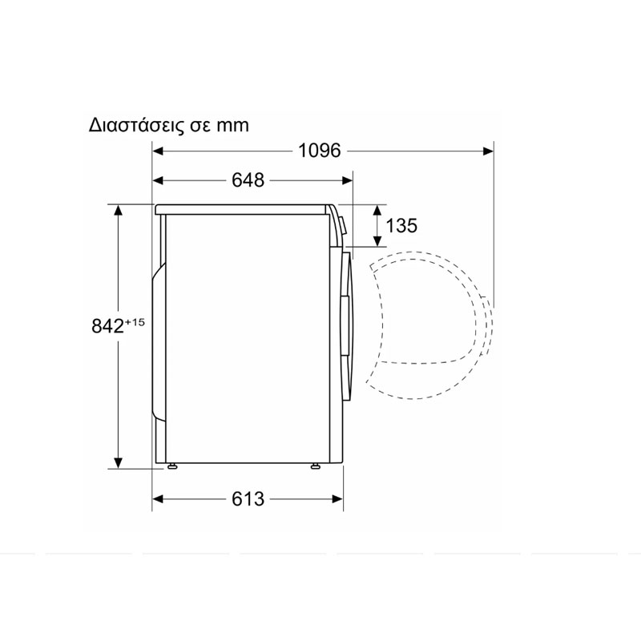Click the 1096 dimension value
(x=319, y=151)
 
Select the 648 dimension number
(x=248, y=179)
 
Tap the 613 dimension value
(x=248, y=498)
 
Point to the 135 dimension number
(x=401, y=226)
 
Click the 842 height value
(x=107, y=326)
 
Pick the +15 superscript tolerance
(x=135, y=322)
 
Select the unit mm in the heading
(x=232, y=126)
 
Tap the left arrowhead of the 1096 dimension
(x=158, y=151)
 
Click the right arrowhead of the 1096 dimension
(x=488, y=151)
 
